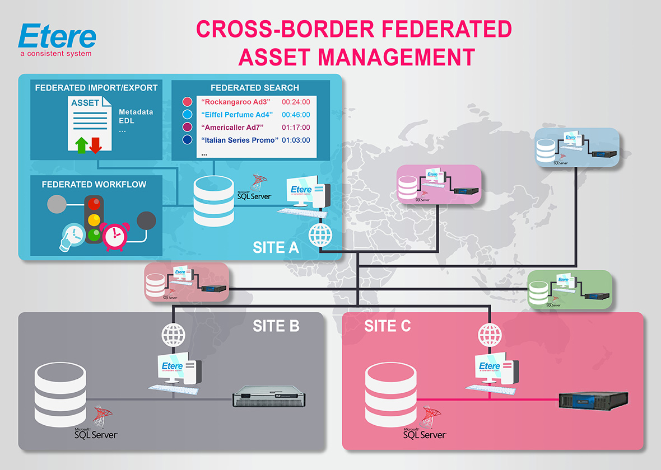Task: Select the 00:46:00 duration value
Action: click(x=296, y=115)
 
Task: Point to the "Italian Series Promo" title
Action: click(x=240, y=140)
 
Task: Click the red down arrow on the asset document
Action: click(x=95, y=144)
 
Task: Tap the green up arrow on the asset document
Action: click(x=82, y=144)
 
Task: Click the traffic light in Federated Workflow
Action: click(x=95, y=218)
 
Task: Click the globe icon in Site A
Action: click(x=319, y=235)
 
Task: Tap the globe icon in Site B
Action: click(x=173, y=335)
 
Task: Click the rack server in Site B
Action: click(x=270, y=398)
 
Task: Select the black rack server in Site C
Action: click(x=593, y=399)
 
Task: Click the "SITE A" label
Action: click(x=276, y=247)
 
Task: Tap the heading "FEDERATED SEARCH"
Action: click(x=254, y=88)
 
